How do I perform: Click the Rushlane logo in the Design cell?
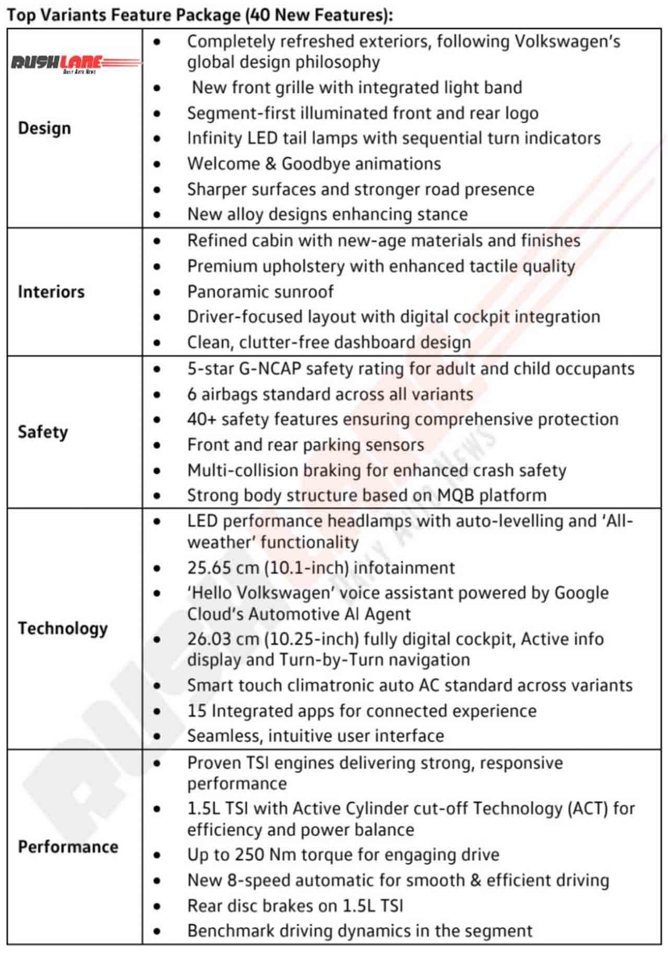click(x=75, y=64)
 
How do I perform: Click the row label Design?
click(x=44, y=128)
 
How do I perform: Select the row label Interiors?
click(x=51, y=292)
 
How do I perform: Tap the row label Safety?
click(x=43, y=432)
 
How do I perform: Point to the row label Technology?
click(x=63, y=628)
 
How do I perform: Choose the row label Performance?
click(x=68, y=846)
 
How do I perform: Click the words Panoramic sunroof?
click(x=260, y=292)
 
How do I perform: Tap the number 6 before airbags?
click(x=192, y=394)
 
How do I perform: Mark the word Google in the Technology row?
click(x=581, y=593)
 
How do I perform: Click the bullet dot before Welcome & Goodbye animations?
click(x=157, y=164)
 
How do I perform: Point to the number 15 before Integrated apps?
click(x=197, y=711)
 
